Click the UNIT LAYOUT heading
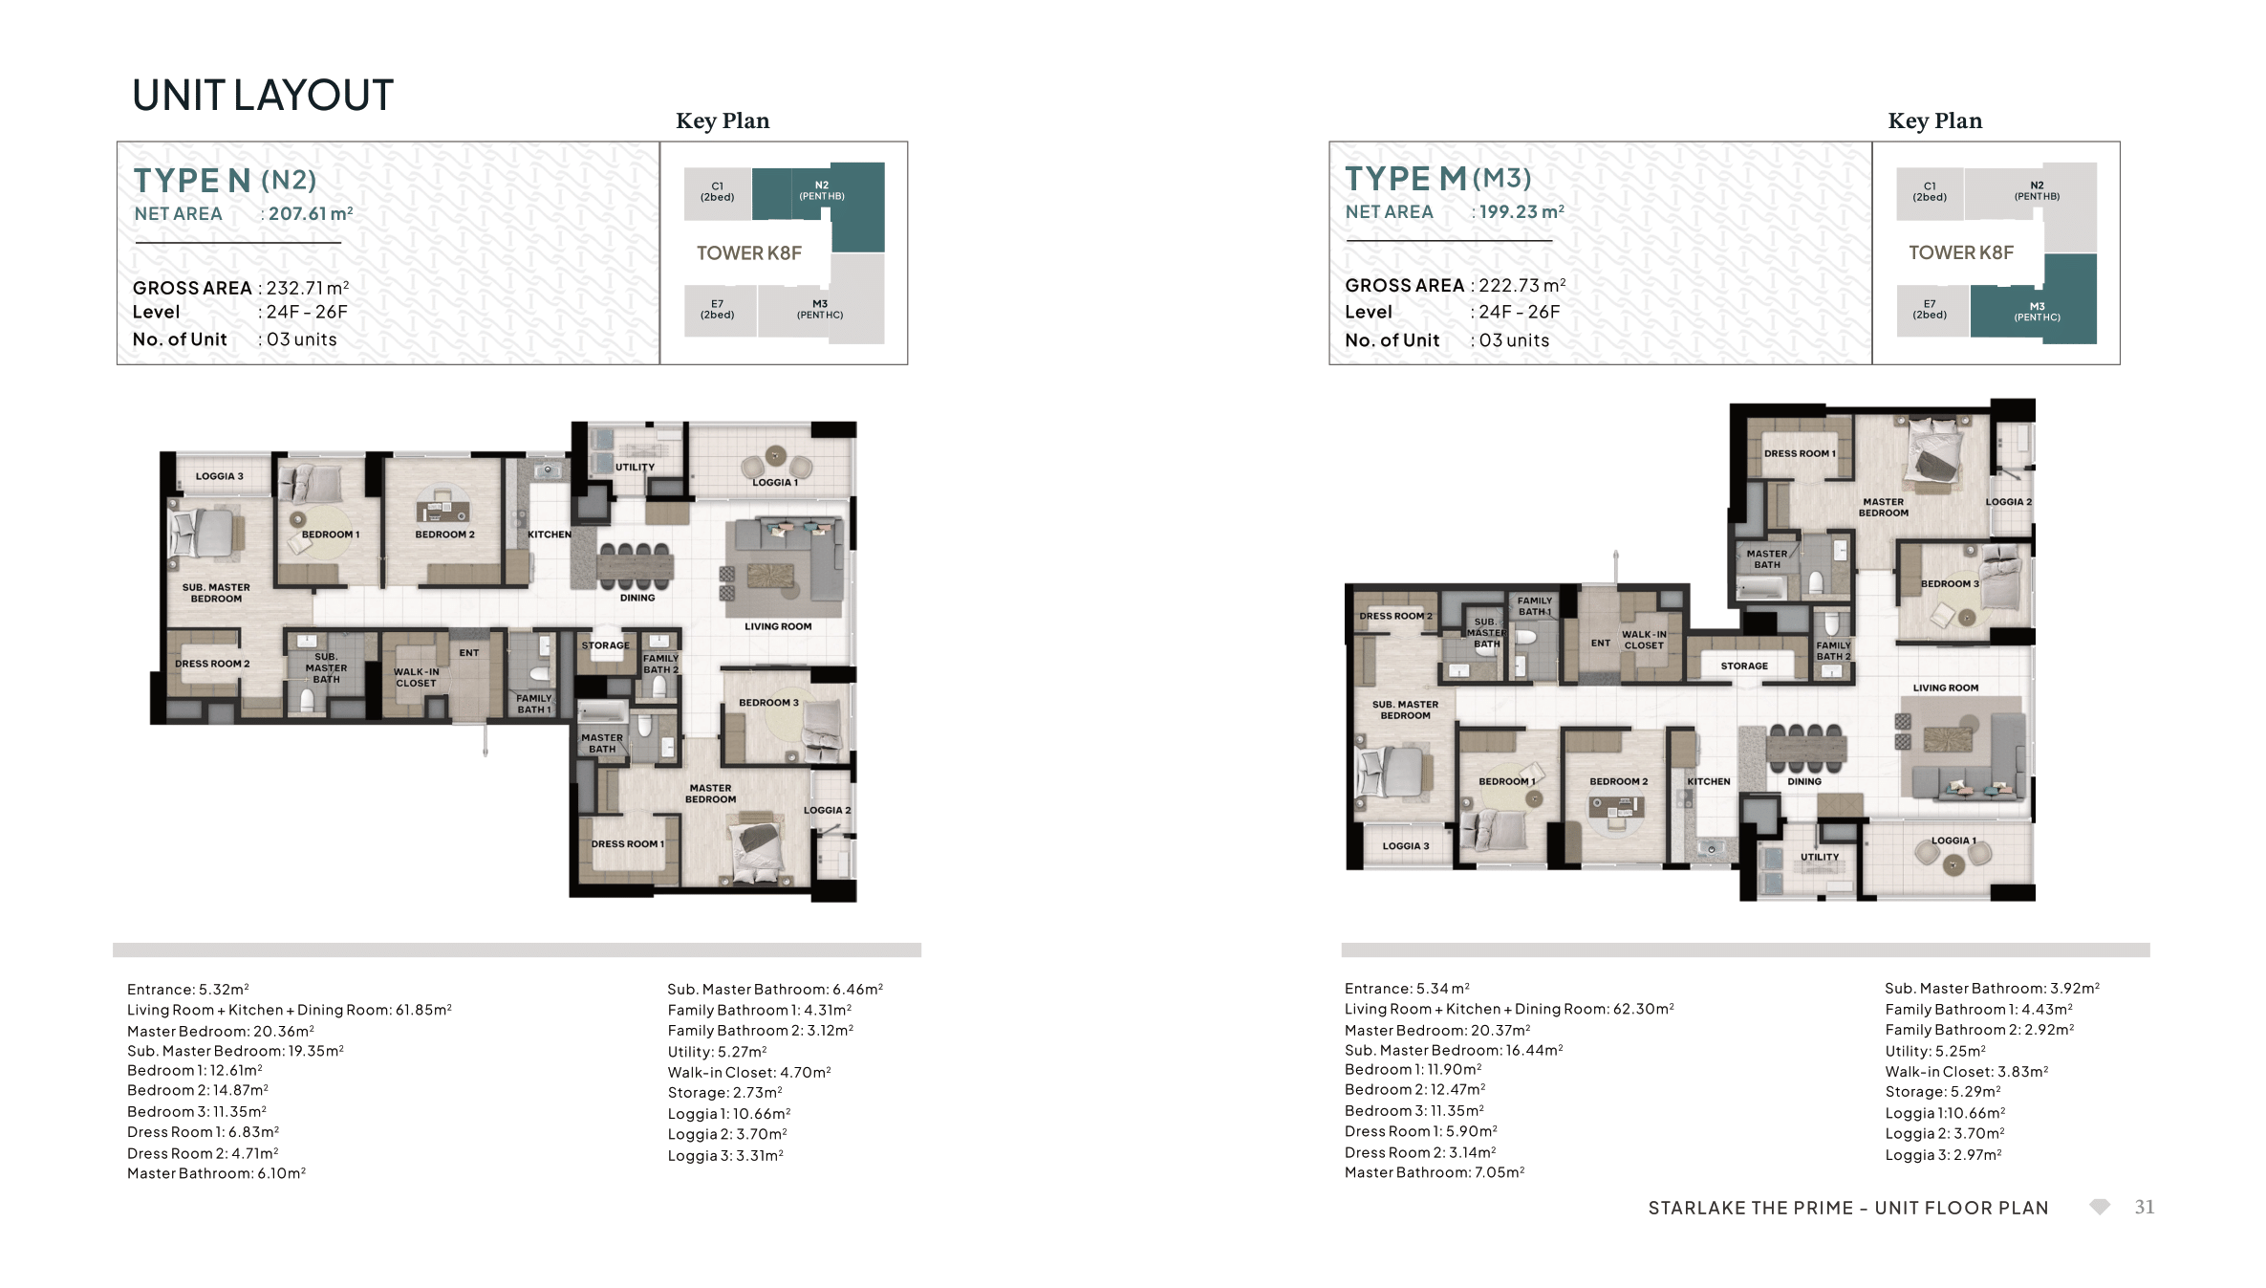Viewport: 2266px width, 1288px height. point(263,96)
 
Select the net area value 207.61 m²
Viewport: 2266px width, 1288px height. point(311,213)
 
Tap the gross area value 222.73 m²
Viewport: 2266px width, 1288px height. point(1522,285)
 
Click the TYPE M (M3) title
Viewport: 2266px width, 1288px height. point(1437,178)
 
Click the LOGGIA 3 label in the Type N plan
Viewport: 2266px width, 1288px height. point(220,476)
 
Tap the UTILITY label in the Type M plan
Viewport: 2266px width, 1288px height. point(1820,857)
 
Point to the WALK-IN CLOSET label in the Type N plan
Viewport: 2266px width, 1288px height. point(416,677)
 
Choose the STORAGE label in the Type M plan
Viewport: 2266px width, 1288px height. point(1744,666)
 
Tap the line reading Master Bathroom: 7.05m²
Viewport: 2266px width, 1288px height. point(1435,1172)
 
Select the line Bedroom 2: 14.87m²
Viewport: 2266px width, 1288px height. point(198,1090)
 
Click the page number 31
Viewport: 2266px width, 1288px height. point(2145,1207)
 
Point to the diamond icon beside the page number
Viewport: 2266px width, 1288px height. point(2100,1207)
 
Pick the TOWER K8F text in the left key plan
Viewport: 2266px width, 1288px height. point(749,252)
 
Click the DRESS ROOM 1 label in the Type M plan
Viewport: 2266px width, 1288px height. point(1800,453)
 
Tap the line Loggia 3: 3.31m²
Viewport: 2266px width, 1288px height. point(725,1155)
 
